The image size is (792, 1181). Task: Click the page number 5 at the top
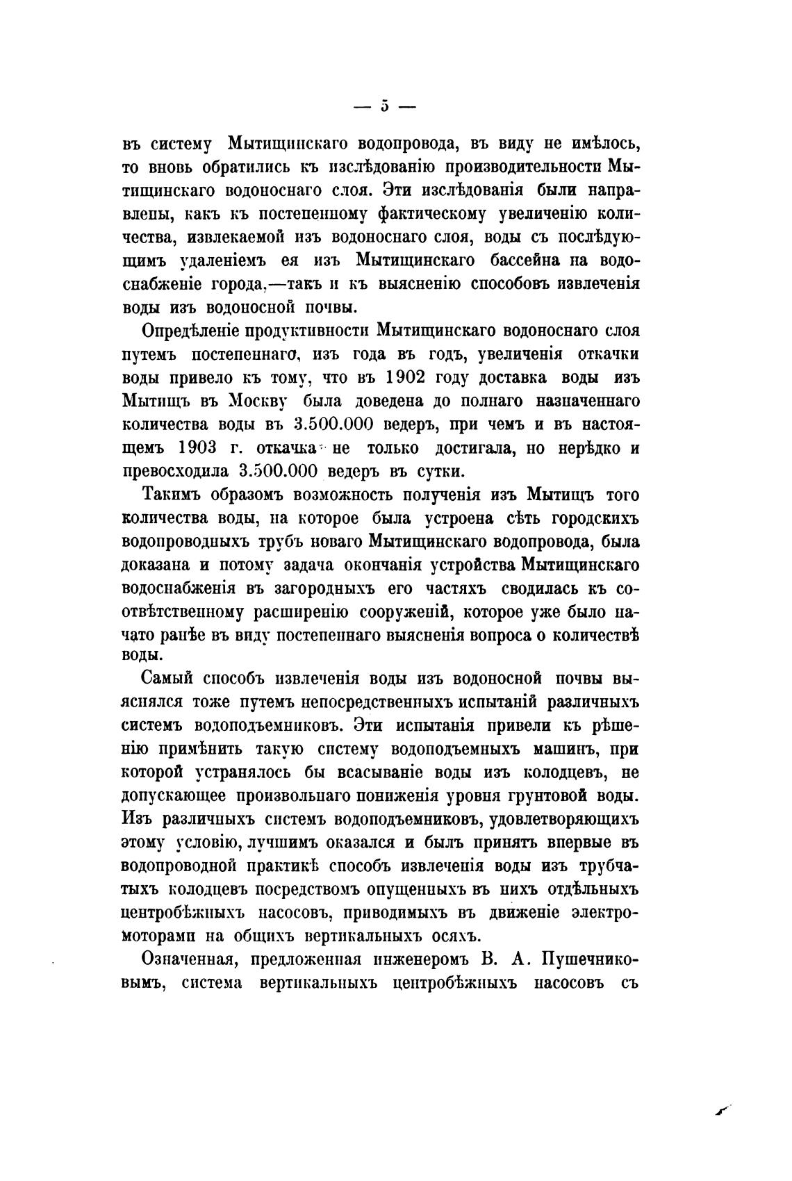tap(384, 106)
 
